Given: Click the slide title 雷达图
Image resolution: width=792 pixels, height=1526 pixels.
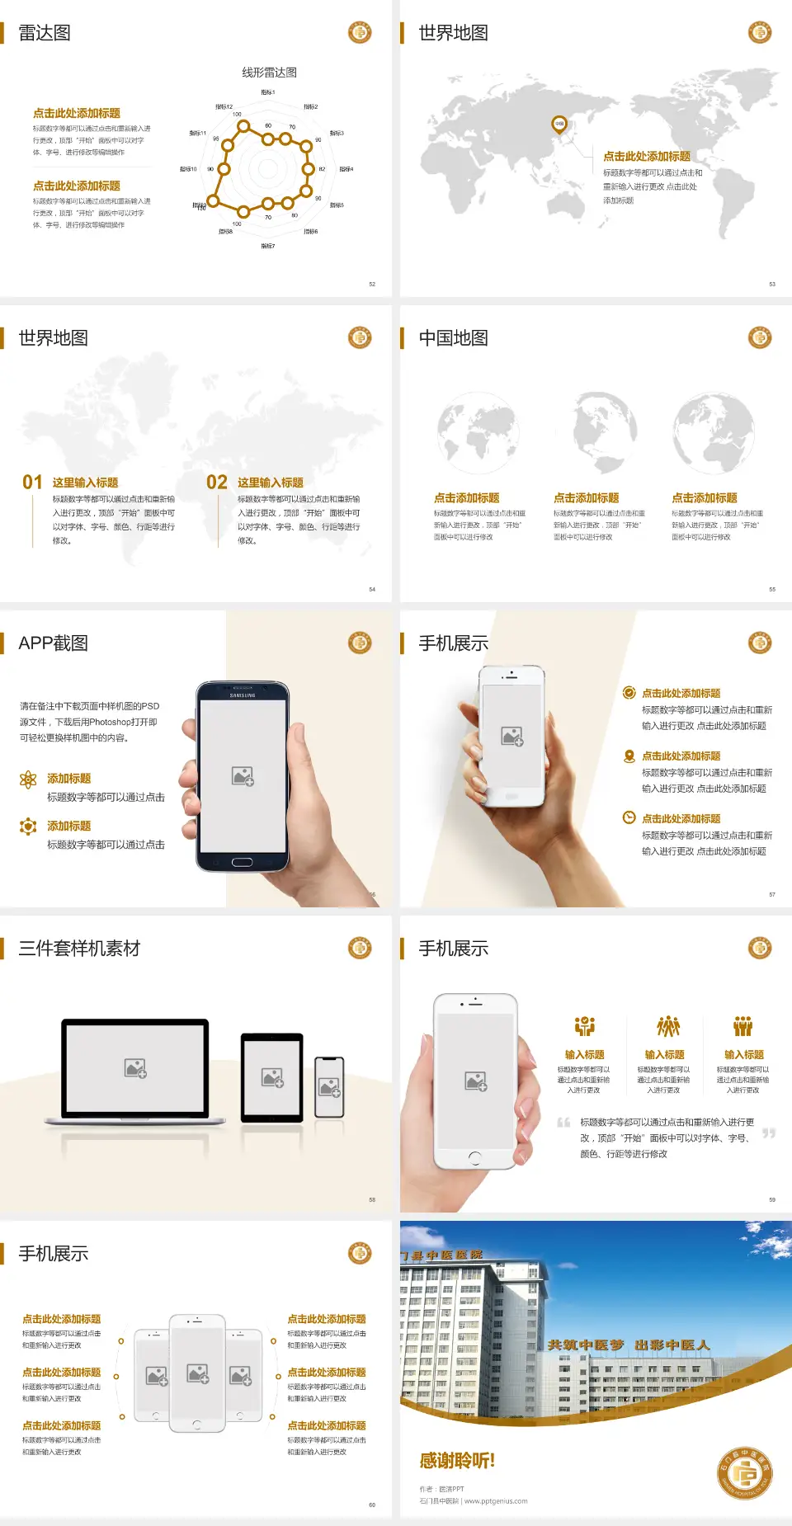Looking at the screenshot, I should pos(45,33).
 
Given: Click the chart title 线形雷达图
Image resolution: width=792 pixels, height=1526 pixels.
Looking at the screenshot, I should pos(269,73).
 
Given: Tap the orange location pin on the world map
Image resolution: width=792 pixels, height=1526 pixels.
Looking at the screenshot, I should pos(559,125).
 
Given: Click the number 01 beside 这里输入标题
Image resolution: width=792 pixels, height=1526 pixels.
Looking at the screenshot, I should pos(32,483).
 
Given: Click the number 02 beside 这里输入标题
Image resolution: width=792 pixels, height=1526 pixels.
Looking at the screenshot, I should pos(217,483).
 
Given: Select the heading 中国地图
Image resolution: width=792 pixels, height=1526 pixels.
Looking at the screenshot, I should pos(453,338).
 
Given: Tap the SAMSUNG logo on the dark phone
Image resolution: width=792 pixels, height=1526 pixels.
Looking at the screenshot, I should pos(243,695).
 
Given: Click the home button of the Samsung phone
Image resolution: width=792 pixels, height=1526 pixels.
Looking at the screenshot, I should pos(242,862).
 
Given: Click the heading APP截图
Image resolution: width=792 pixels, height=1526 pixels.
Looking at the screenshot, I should pos(53,643).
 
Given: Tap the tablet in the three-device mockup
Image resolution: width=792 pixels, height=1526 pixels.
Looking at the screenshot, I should pos(272,1076).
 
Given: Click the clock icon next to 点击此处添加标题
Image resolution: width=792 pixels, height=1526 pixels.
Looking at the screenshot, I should pos(629,817).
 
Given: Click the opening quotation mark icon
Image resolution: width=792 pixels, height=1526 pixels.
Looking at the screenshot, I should pos(563,1123).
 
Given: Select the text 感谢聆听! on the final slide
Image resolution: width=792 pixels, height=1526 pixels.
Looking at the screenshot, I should pos(457,1461).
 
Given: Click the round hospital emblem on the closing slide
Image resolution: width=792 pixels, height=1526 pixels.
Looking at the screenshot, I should pos(745,1472).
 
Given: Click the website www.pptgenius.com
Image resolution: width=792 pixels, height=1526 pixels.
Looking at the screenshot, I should pos(496,1501).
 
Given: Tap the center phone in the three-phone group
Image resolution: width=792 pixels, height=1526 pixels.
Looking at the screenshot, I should pos(197,1373).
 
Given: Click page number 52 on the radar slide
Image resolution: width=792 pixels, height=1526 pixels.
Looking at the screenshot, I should pos(372,284).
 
